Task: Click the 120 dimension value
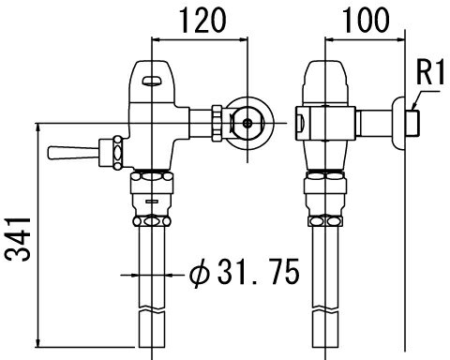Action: coord(202,21)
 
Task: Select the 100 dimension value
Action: coord(366,21)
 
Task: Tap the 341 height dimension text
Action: coord(18,239)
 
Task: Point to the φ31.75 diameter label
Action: coord(245,272)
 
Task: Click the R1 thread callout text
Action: coord(430,73)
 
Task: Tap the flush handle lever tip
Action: coord(50,153)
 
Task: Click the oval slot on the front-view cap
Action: coord(152,81)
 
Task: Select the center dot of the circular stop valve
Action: coord(247,123)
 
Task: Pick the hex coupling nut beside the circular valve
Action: coord(217,123)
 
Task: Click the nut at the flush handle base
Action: coord(117,153)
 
